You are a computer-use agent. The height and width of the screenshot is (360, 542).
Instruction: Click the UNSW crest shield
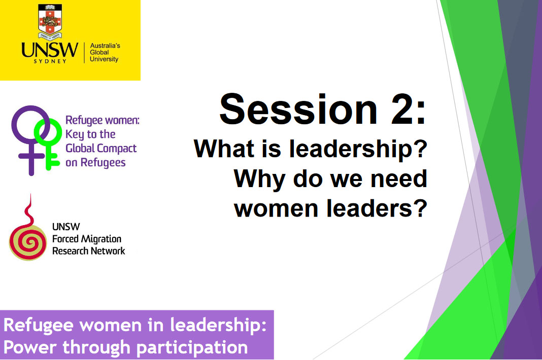coord(50,21)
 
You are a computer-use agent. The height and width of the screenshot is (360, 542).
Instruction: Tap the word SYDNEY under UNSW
coord(50,61)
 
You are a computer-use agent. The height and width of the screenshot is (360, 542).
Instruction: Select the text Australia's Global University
coord(105,52)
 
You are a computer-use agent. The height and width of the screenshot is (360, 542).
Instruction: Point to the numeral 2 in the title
coord(402,109)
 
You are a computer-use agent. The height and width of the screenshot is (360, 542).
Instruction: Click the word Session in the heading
coord(298,109)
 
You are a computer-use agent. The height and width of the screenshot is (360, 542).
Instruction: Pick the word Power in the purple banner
coord(30,347)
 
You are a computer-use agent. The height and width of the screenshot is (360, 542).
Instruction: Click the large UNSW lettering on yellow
coord(50,50)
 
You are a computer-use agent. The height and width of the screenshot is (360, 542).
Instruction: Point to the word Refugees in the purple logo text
coord(103,162)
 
